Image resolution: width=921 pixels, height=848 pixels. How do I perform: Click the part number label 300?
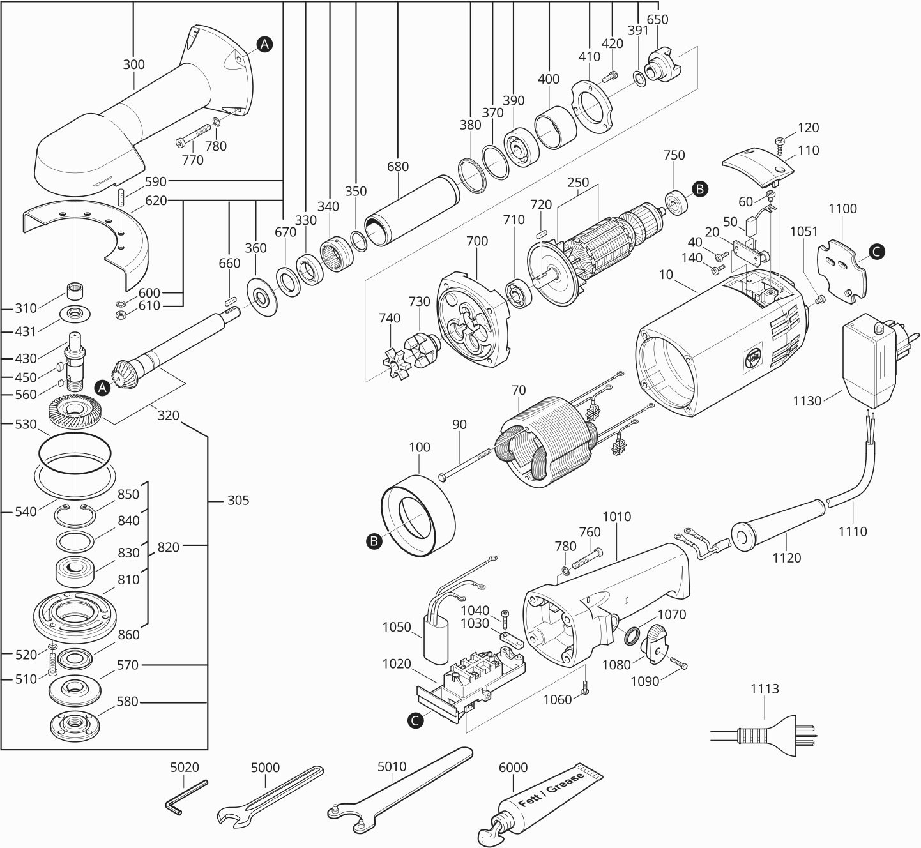tap(134, 64)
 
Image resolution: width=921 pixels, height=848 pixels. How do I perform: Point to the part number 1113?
tap(765, 689)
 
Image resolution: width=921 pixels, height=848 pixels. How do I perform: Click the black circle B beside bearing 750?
tap(700, 189)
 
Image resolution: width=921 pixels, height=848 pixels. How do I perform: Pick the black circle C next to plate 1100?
tap(877, 252)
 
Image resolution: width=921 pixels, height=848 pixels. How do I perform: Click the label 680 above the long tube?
tap(397, 167)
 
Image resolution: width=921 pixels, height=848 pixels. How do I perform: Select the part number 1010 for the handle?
tap(616, 517)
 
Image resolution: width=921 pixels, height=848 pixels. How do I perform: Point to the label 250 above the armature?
tap(578, 183)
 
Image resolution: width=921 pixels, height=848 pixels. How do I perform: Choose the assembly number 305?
tap(238, 500)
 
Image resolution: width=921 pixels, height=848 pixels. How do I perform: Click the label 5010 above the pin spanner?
tap(392, 766)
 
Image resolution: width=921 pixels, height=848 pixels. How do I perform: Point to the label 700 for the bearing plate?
tap(476, 241)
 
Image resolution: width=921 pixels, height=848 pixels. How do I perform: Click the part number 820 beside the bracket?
tap(169, 547)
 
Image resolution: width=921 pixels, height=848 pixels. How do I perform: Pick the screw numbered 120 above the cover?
tap(780, 141)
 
